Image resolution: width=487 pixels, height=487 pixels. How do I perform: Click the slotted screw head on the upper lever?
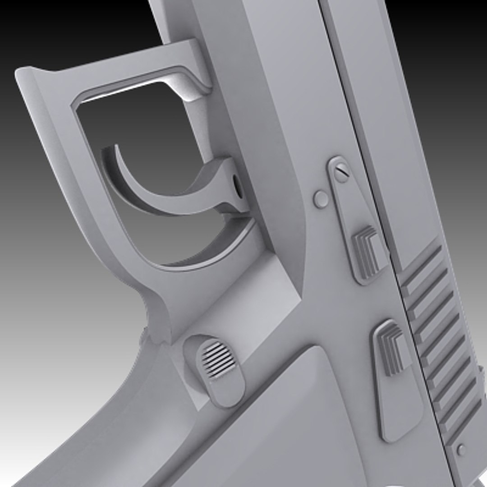[341, 172]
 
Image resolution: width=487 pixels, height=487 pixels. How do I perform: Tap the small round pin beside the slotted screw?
[321, 198]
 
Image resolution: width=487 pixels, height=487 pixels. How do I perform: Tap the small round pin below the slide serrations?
[461, 450]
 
